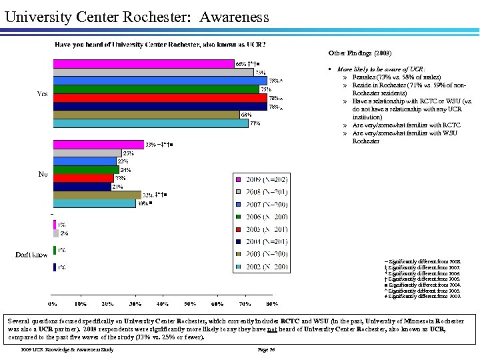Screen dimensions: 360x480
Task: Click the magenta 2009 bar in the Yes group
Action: (x=143, y=63)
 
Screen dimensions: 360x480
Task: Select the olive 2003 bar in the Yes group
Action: (x=146, y=115)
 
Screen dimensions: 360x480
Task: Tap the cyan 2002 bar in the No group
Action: (x=94, y=203)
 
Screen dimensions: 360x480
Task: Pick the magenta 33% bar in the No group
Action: (x=98, y=144)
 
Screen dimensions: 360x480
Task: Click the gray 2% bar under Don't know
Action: (x=56, y=233)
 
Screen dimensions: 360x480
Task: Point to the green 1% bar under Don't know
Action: (x=54, y=250)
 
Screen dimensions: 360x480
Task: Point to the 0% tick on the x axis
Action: (x=53, y=303)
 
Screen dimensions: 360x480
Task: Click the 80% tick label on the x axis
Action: (x=271, y=303)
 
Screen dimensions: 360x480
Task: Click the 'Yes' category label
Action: (x=42, y=94)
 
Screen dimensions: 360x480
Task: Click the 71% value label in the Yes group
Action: (x=255, y=123)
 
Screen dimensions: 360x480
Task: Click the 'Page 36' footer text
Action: (x=266, y=349)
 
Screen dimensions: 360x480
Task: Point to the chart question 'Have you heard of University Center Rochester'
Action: (x=160, y=45)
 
